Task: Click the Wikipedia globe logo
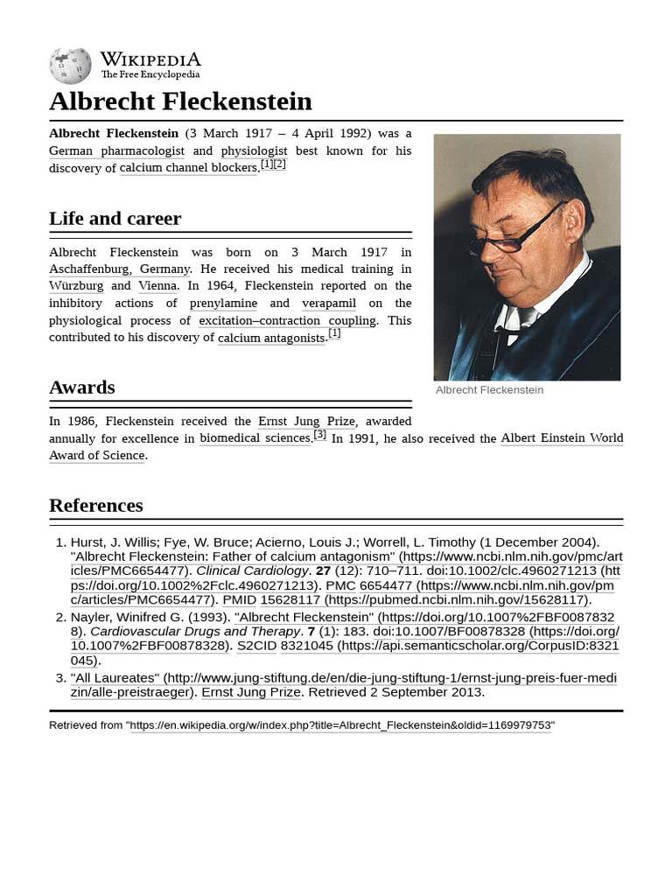click(x=70, y=66)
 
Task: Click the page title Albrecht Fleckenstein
click(x=180, y=101)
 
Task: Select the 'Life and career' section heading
click(x=115, y=219)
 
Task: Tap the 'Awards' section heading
click(x=81, y=387)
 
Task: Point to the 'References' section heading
click(x=95, y=506)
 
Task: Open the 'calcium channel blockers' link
click(x=188, y=168)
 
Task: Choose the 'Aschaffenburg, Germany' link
click(x=119, y=269)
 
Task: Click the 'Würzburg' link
click(x=76, y=286)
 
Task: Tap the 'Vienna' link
click(x=157, y=286)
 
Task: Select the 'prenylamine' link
click(x=223, y=303)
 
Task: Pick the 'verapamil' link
click(x=329, y=303)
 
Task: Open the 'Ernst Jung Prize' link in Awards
click(x=306, y=421)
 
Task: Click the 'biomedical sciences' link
click(x=255, y=438)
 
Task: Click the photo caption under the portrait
click(x=489, y=390)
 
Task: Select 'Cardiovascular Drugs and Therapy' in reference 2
click(x=195, y=631)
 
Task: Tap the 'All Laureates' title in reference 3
click(x=115, y=677)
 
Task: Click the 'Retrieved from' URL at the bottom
click(x=342, y=725)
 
